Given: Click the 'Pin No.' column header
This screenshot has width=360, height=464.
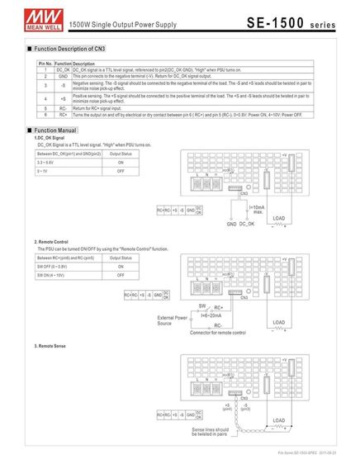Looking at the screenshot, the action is click(x=46, y=64).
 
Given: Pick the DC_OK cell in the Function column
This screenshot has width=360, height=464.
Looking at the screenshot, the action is click(x=63, y=70).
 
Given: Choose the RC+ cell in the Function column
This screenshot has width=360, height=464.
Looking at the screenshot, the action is click(x=63, y=114).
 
